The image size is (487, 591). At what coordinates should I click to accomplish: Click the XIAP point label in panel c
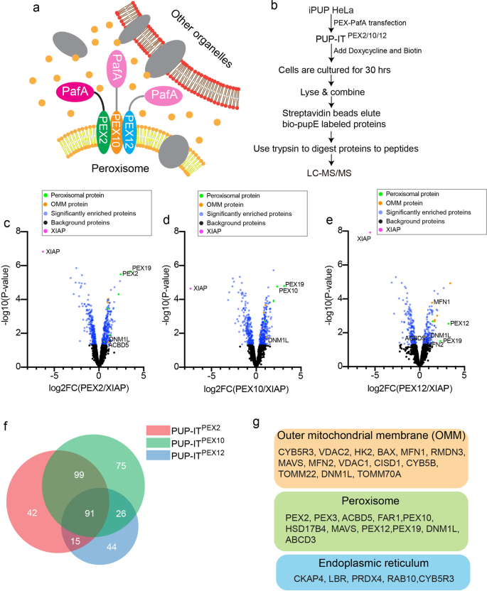53,252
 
